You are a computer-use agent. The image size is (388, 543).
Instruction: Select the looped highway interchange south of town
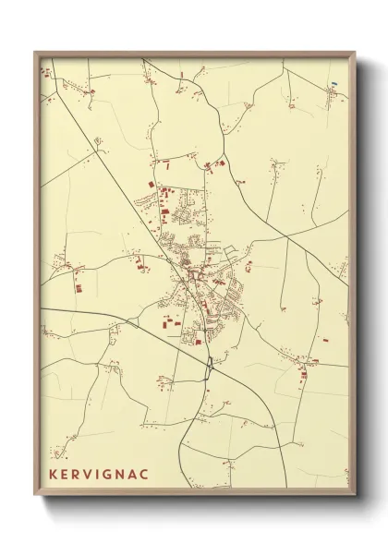[x=212, y=365]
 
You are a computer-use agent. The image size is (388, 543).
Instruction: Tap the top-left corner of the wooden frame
[x=36, y=53]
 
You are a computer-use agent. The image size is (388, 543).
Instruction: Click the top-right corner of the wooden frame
[x=354, y=53]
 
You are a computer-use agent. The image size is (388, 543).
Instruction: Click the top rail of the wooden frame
[x=194, y=54]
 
